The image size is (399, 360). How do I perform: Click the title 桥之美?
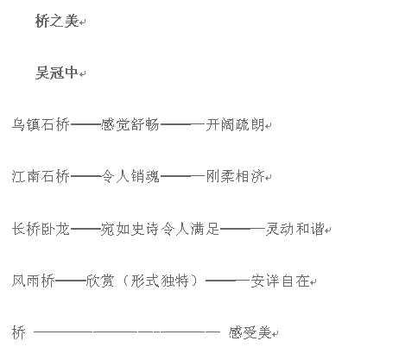57,21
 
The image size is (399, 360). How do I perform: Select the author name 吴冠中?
57,73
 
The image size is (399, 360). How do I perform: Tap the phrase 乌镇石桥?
41,124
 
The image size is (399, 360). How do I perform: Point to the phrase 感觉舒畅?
130,124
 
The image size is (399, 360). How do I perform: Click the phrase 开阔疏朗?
235,124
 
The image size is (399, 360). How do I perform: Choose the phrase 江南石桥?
41,176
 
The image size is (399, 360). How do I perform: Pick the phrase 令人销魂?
130,176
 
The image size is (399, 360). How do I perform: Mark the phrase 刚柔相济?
235,176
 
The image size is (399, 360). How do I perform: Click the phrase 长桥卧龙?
41,229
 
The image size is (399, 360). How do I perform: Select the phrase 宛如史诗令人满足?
160,229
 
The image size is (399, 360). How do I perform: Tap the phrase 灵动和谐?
294,229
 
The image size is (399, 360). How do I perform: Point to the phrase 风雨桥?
34,281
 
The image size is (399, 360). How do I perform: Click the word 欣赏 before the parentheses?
100,281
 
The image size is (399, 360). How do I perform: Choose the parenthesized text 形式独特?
160,281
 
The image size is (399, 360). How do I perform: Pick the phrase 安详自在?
280,281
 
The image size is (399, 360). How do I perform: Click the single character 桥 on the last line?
19,332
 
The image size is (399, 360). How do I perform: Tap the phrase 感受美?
250,332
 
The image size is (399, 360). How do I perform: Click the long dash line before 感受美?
127,332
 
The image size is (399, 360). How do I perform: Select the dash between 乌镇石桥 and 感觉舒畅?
85,124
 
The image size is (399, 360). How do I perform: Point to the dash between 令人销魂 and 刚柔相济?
183,176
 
